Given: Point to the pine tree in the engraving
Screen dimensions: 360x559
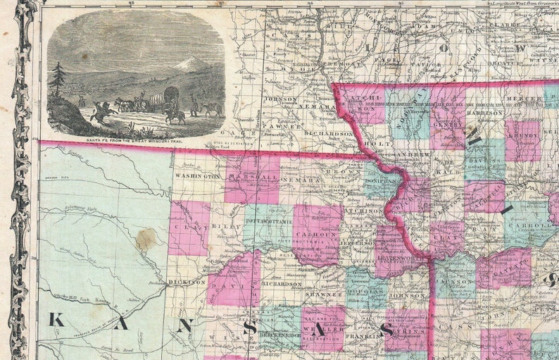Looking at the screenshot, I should tap(58, 79).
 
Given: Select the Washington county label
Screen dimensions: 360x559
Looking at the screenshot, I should tap(199, 175).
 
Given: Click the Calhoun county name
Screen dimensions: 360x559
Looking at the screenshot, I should tap(317, 235).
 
